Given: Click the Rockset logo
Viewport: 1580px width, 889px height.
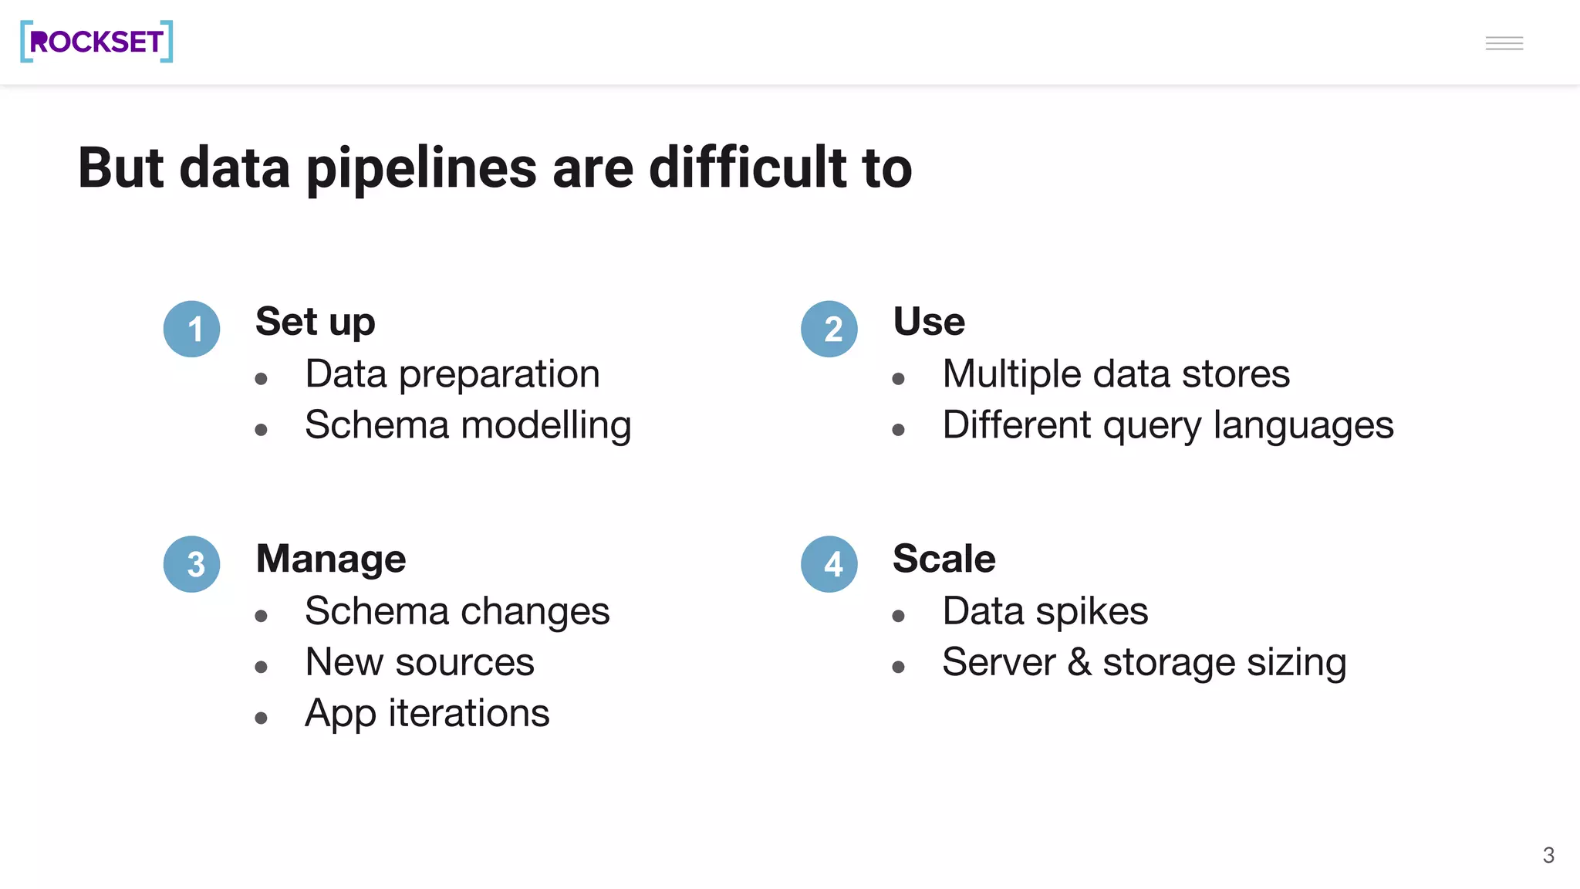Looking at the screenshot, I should click(96, 42).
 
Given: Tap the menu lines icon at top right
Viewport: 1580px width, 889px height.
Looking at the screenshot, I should click(1504, 43).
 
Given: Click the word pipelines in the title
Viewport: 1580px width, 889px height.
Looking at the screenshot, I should click(421, 168).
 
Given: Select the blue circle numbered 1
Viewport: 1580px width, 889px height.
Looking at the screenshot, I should click(192, 329).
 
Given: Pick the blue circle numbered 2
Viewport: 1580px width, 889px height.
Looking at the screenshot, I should click(829, 329).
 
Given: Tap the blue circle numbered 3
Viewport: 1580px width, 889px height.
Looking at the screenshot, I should click(192, 564).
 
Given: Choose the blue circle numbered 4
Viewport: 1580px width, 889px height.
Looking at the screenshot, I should click(829, 564).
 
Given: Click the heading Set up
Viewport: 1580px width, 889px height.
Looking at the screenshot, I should click(315, 321).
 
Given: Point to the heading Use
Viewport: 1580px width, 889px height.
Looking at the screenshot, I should click(929, 321).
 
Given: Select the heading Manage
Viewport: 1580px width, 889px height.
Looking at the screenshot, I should click(330, 558).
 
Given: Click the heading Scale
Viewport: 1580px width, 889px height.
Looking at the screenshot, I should click(944, 558).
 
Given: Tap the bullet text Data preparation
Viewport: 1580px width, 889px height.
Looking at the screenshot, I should click(452, 374).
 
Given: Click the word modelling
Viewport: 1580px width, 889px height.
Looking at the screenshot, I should click(545, 425).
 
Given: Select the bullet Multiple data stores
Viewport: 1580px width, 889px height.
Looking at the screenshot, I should click(1116, 374).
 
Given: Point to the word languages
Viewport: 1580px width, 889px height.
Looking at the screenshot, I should click(1303, 425).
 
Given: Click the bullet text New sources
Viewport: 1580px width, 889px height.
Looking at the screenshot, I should click(419, 662).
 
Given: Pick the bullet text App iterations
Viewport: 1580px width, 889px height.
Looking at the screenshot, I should click(427, 713).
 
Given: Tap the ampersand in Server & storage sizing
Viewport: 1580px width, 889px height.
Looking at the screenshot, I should click(1079, 662).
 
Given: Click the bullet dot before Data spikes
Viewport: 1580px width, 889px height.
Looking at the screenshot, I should click(898, 616).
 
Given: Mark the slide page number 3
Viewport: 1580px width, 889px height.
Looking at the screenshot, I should click(1548, 855).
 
